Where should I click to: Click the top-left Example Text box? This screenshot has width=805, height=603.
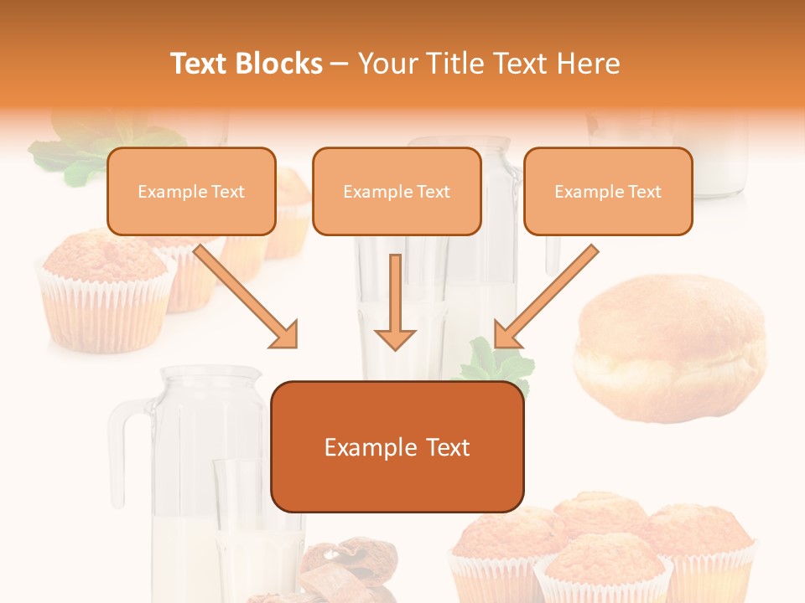tap(191, 192)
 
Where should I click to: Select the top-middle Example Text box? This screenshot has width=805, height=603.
tap(397, 192)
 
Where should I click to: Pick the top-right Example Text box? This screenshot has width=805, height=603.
tap(608, 192)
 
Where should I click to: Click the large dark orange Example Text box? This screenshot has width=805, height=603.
tap(397, 447)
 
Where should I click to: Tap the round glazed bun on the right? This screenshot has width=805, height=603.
tap(669, 343)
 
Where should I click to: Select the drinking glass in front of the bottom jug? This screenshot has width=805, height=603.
tap(243, 528)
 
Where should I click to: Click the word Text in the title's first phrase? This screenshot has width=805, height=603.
tap(200, 64)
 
